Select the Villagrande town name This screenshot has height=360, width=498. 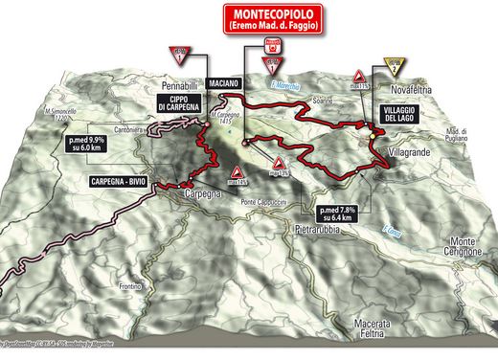(414, 152)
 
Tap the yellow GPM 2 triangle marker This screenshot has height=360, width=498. (392, 65)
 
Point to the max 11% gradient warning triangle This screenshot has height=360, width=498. (359, 77)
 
